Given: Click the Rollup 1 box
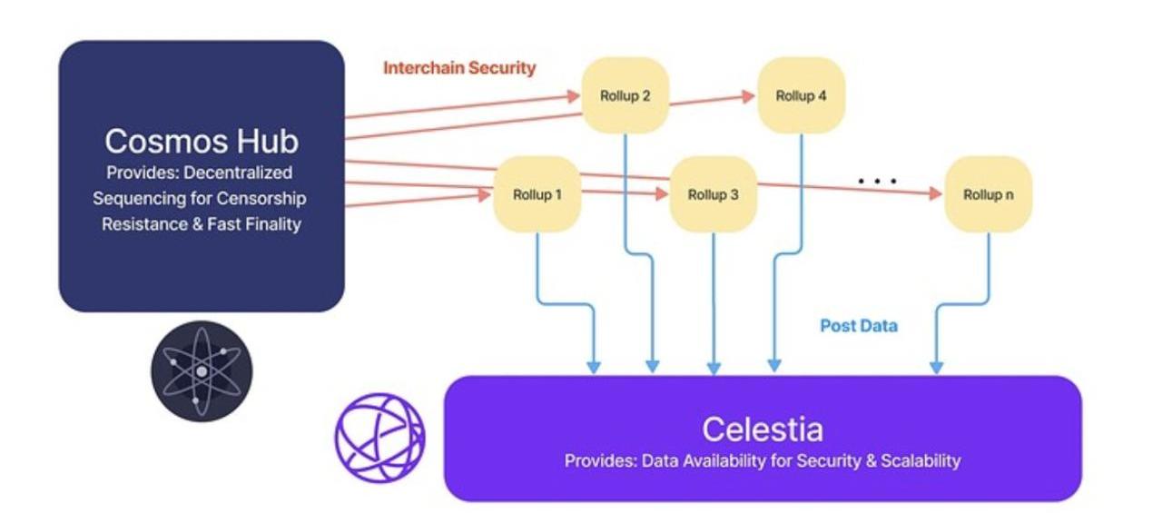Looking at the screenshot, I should (537, 194).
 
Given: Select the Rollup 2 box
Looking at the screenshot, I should (625, 95).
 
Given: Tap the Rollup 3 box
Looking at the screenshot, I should (714, 194).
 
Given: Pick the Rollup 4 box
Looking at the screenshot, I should (801, 95).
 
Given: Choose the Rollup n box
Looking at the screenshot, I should (989, 194).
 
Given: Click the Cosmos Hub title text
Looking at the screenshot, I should (202, 142).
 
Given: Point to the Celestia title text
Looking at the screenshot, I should (763, 429).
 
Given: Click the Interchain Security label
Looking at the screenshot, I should (459, 68).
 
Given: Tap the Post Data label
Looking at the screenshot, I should (859, 325).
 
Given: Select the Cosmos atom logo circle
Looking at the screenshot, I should (202, 371).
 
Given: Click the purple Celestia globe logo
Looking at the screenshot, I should (379, 437).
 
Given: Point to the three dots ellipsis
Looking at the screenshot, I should (877, 182).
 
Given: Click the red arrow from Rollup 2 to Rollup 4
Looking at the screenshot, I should (713, 98).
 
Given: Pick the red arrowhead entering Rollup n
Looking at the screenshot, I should (935, 193).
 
